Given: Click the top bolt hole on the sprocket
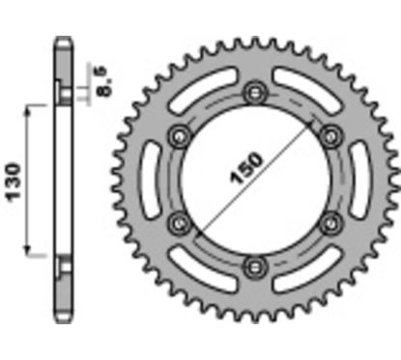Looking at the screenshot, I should (255, 92).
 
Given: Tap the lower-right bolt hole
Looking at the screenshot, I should (331, 223).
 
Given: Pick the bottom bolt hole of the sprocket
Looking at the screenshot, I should (255, 265).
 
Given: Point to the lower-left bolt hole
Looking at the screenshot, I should (179, 223).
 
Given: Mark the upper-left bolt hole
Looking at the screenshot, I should (179, 134).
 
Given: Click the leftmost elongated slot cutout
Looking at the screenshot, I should (154, 179).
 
